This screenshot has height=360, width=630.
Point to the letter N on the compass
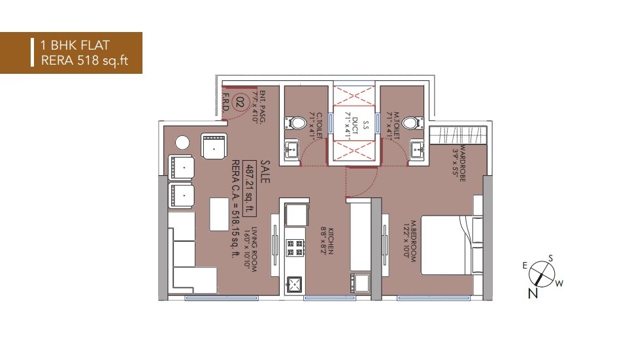coord(533,294)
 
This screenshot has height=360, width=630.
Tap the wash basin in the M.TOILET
coord(417,149)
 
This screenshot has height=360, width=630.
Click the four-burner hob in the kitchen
coord(295,248)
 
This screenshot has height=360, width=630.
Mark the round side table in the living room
coord(182,142)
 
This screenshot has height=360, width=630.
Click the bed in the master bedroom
coord(444,245)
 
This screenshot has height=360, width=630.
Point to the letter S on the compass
coord(550,258)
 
